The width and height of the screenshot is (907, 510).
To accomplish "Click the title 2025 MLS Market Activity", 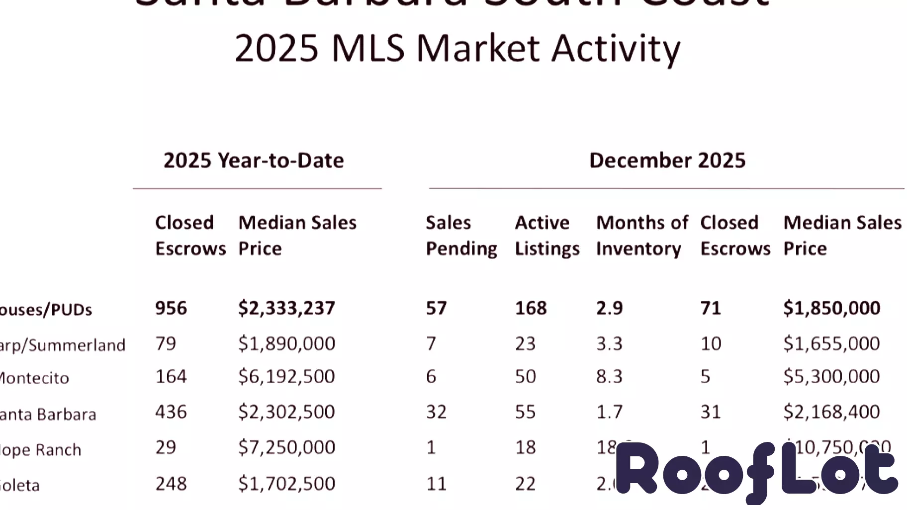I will tap(457, 49).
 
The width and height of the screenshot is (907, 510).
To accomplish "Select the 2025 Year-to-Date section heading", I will tap(254, 161).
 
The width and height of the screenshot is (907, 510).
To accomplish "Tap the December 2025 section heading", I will tap(667, 161).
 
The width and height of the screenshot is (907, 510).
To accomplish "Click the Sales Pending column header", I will tap(461, 235).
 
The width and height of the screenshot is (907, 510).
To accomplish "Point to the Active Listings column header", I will tap(546, 235).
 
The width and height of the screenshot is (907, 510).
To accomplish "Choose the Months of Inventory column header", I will tap(641, 235).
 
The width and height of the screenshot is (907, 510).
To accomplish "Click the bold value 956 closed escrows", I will tap(171, 308).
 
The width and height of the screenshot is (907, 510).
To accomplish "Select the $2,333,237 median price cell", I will tap(286, 308).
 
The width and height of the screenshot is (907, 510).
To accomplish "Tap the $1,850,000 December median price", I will tap(831, 308).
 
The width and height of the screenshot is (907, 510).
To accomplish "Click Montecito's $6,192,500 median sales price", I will tap(286, 376).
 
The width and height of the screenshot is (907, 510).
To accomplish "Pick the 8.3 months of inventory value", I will tap(609, 376).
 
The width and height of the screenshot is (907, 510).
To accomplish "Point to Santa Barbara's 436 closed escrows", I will tap(171, 412).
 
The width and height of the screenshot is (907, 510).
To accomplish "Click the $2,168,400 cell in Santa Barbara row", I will tap(831, 412).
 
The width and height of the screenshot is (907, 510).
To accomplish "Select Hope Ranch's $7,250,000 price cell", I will tap(286, 447).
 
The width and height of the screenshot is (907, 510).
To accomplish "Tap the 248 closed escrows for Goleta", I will tap(171, 483).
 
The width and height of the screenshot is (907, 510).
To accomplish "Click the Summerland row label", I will tap(62, 345).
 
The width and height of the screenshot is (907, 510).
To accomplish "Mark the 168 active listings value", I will tap(531, 308).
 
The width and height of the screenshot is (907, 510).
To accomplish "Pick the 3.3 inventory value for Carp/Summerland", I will tap(609, 343).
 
